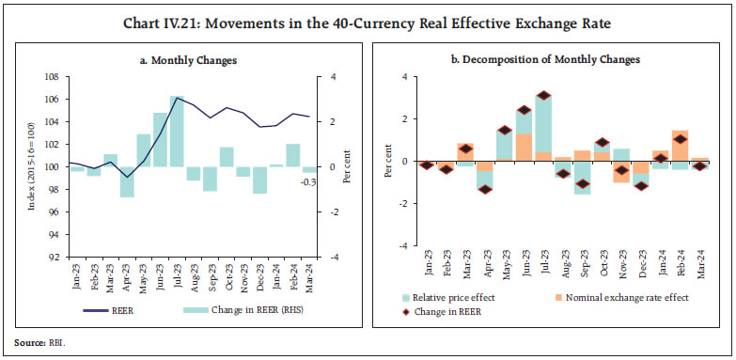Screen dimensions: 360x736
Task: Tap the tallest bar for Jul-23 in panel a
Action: click(x=176, y=132)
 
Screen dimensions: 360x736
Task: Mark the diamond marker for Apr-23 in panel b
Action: click(x=485, y=189)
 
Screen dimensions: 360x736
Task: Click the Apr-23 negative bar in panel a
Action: click(x=126, y=181)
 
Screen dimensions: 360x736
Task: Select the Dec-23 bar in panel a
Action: click(x=259, y=180)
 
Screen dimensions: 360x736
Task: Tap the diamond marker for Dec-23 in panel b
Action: click(x=641, y=185)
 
